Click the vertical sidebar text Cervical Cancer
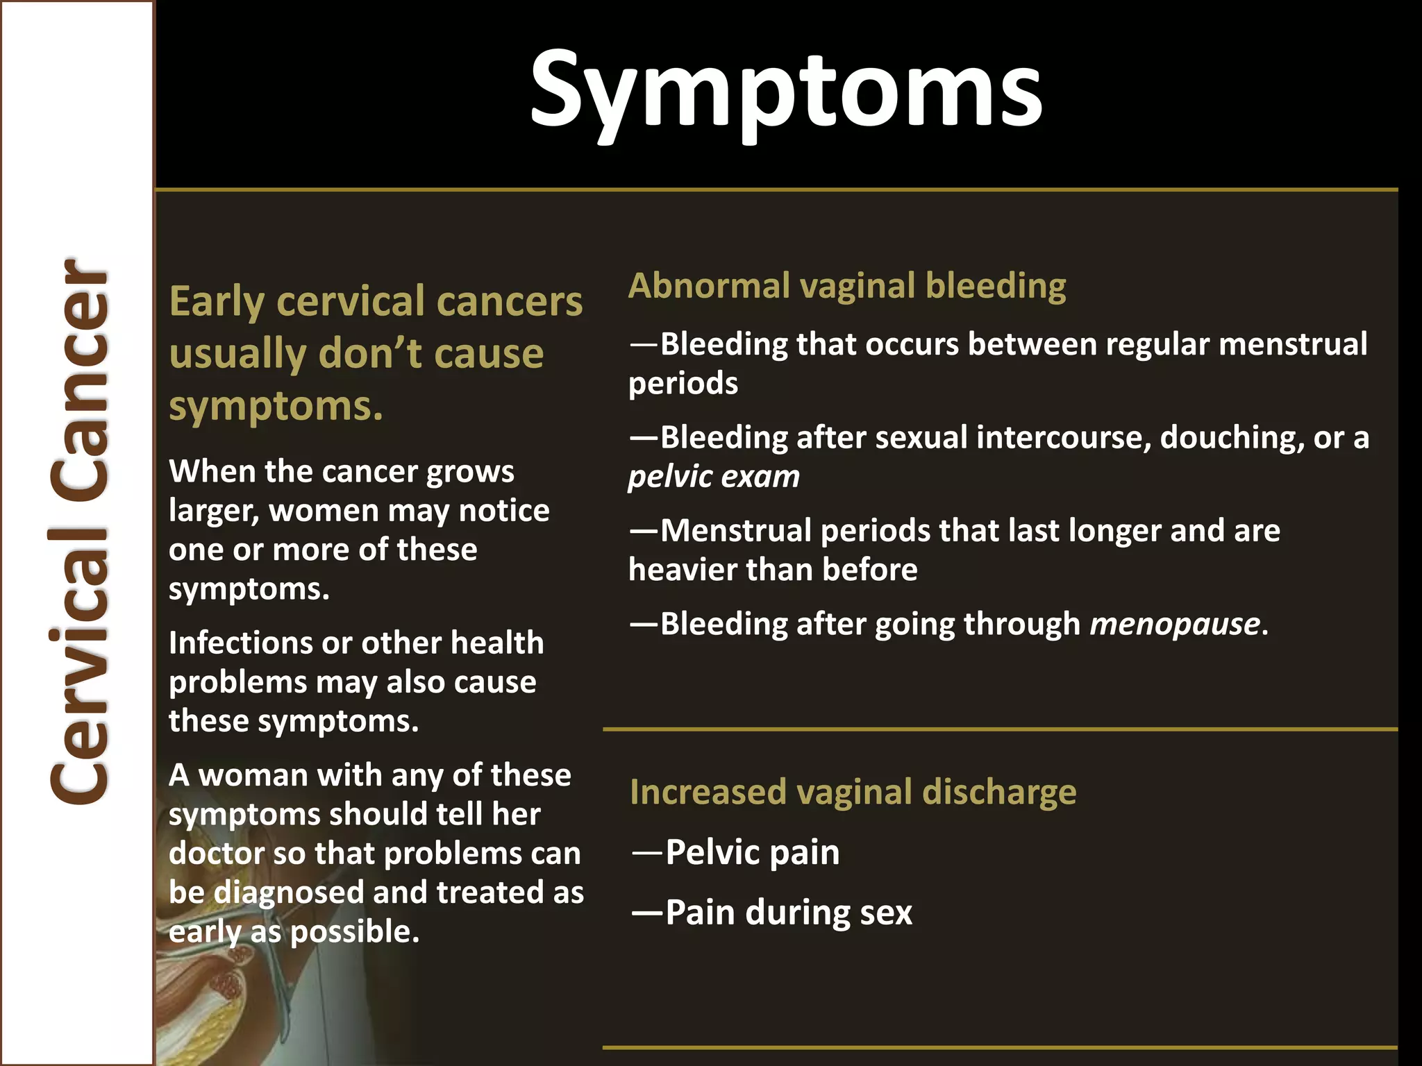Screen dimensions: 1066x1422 [78, 531]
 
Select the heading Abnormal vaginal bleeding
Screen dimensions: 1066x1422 [846, 286]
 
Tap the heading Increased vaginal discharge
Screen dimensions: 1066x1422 [853, 792]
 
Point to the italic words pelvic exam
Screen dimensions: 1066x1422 [714, 477]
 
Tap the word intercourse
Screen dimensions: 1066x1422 [1062, 438]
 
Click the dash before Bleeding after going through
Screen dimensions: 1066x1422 [643, 624]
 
